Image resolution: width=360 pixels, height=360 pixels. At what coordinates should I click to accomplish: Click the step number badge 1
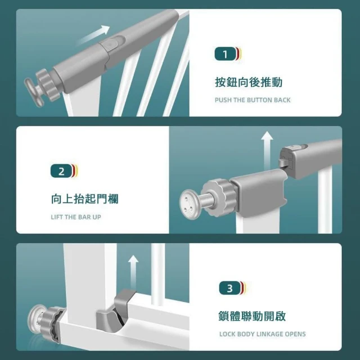[x=225, y=54]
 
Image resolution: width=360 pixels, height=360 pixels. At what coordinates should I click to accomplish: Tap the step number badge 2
[x=61, y=171]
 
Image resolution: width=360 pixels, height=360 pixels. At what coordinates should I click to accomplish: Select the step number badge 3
[x=230, y=288]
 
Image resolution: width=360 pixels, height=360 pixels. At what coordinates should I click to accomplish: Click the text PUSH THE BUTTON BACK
[x=253, y=100]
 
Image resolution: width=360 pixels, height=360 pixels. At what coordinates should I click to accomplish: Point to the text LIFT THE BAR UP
[x=76, y=217]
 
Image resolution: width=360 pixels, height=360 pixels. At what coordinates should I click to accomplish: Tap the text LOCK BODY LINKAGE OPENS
[x=263, y=334]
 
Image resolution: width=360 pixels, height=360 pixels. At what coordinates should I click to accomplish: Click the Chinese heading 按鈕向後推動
[x=249, y=82]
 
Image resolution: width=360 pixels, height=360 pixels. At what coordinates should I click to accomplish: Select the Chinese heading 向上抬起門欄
[x=85, y=199]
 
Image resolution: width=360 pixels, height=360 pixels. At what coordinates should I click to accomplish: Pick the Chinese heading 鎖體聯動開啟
[x=252, y=316]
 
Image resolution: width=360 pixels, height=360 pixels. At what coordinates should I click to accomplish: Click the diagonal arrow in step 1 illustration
[x=93, y=35]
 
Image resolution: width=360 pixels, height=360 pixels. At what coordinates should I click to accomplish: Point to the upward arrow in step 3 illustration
[x=133, y=272]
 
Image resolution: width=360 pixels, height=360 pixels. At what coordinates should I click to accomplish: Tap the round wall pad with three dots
[x=188, y=204]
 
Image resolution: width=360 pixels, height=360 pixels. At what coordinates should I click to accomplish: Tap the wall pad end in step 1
[x=34, y=92]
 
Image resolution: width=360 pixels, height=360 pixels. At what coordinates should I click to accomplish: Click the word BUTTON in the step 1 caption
[x=256, y=100]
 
